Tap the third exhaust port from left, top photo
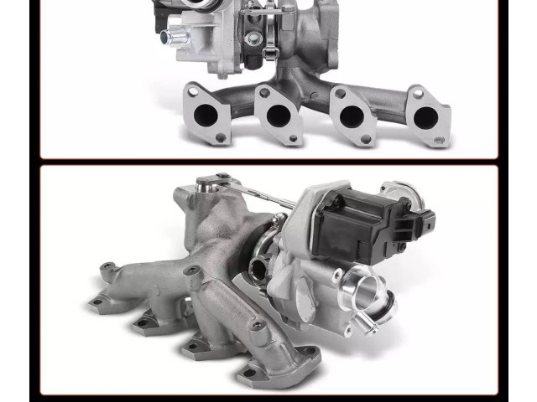click(351, 116)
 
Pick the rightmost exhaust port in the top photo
click(425, 119)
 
